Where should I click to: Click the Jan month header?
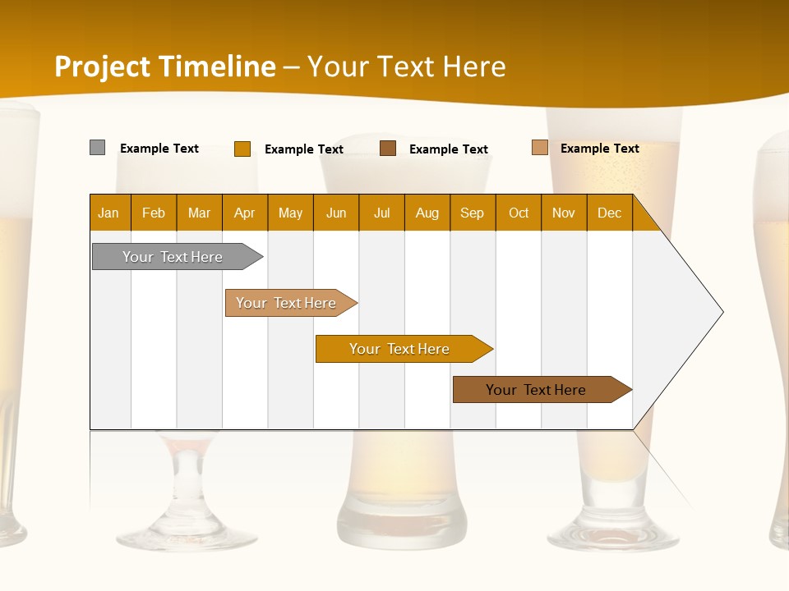click(109, 213)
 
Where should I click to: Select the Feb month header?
click(154, 213)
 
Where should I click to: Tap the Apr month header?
click(245, 213)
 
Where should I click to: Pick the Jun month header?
click(336, 213)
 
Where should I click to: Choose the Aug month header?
click(427, 213)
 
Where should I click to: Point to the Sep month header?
click(473, 213)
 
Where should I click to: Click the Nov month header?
click(564, 213)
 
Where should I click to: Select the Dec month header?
click(610, 213)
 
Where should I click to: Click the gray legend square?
click(98, 148)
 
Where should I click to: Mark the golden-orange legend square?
click(242, 149)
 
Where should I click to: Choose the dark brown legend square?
click(388, 149)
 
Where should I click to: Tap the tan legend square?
click(540, 148)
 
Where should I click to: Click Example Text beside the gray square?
click(159, 149)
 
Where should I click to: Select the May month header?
click(290, 213)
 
